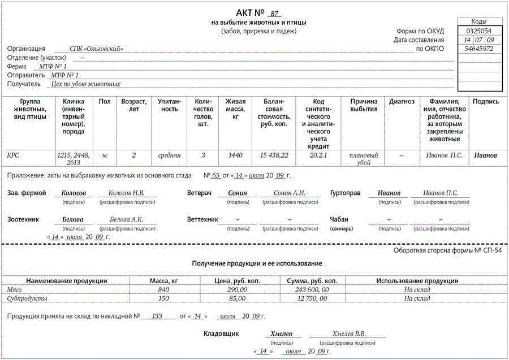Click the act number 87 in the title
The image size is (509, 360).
point(275,14)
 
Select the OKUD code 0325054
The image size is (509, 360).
point(478,31)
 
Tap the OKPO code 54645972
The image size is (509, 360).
point(478,49)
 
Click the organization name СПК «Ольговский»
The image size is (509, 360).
point(96,49)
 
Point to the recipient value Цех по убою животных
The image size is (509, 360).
point(85,84)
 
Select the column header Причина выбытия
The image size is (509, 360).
point(364,105)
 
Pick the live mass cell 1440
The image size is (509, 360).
point(235,155)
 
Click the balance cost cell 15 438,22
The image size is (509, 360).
point(274,155)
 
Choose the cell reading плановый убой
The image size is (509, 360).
point(364,159)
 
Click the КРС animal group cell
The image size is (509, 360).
point(13,155)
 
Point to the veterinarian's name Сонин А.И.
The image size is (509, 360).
point(289,193)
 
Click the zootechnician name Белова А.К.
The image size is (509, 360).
point(126,219)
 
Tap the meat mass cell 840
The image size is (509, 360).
point(163,290)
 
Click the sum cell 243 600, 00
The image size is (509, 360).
point(312,290)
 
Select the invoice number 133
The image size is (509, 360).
point(157,316)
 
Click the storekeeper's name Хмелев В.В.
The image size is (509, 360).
point(349,334)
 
